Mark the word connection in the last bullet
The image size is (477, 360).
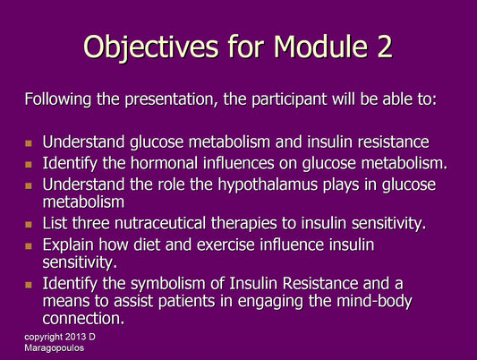point(84,317)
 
